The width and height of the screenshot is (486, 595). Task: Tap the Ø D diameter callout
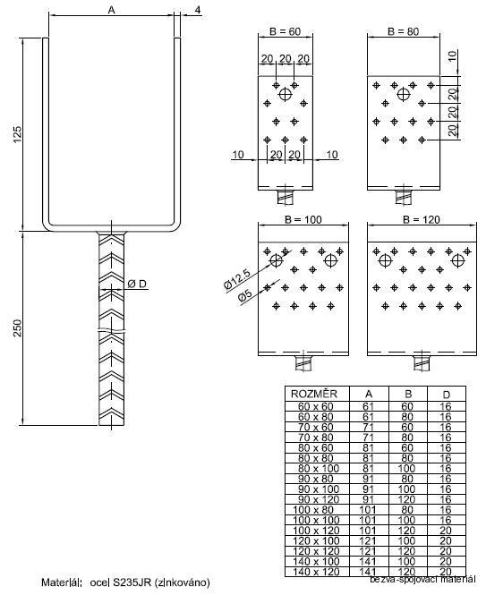pyautogui.click(x=137, y=285)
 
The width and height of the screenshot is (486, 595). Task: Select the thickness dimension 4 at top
pyautogui.click(x=197, y=10)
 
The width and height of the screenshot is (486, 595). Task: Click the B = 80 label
pyautogui.click(x=403, y=31)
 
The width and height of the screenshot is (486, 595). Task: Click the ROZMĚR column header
pyautogui.click(x=309, y=393)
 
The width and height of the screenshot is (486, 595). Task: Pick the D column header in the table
pyautogui.click(x=445, y=393)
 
